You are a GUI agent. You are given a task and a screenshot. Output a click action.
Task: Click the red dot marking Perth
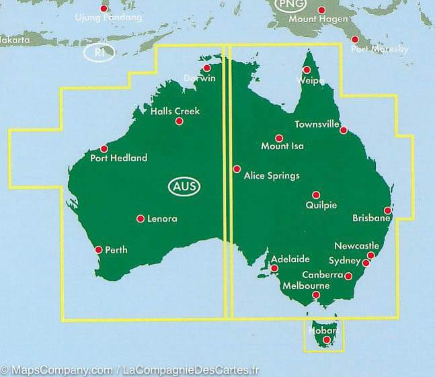[x=99, y=249]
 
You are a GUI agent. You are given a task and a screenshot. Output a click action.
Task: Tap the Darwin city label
[x=202, y=78]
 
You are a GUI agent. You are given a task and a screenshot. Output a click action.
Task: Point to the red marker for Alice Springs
[x=236, y=169]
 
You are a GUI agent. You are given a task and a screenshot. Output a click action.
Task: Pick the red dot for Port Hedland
[x=104, y=149]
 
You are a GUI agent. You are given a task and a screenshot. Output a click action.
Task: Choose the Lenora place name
[x=162, y=219]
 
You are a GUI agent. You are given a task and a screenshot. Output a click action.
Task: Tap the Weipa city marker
[x=307, y=70]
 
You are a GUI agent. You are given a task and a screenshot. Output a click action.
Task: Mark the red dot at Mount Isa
[x=279, y=138]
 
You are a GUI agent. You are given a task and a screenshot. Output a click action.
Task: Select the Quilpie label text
[x=321, y=206]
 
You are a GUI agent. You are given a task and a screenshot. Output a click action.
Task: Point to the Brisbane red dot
[x=388, y=210]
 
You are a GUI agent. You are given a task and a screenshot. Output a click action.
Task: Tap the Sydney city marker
[x=366, y=263]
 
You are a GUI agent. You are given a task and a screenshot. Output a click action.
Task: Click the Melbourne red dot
[x=316, y=294]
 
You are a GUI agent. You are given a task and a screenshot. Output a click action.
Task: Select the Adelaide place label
[x=290, y=259]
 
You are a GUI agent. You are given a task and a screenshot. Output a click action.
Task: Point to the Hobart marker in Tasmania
[x=327, y=340]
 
